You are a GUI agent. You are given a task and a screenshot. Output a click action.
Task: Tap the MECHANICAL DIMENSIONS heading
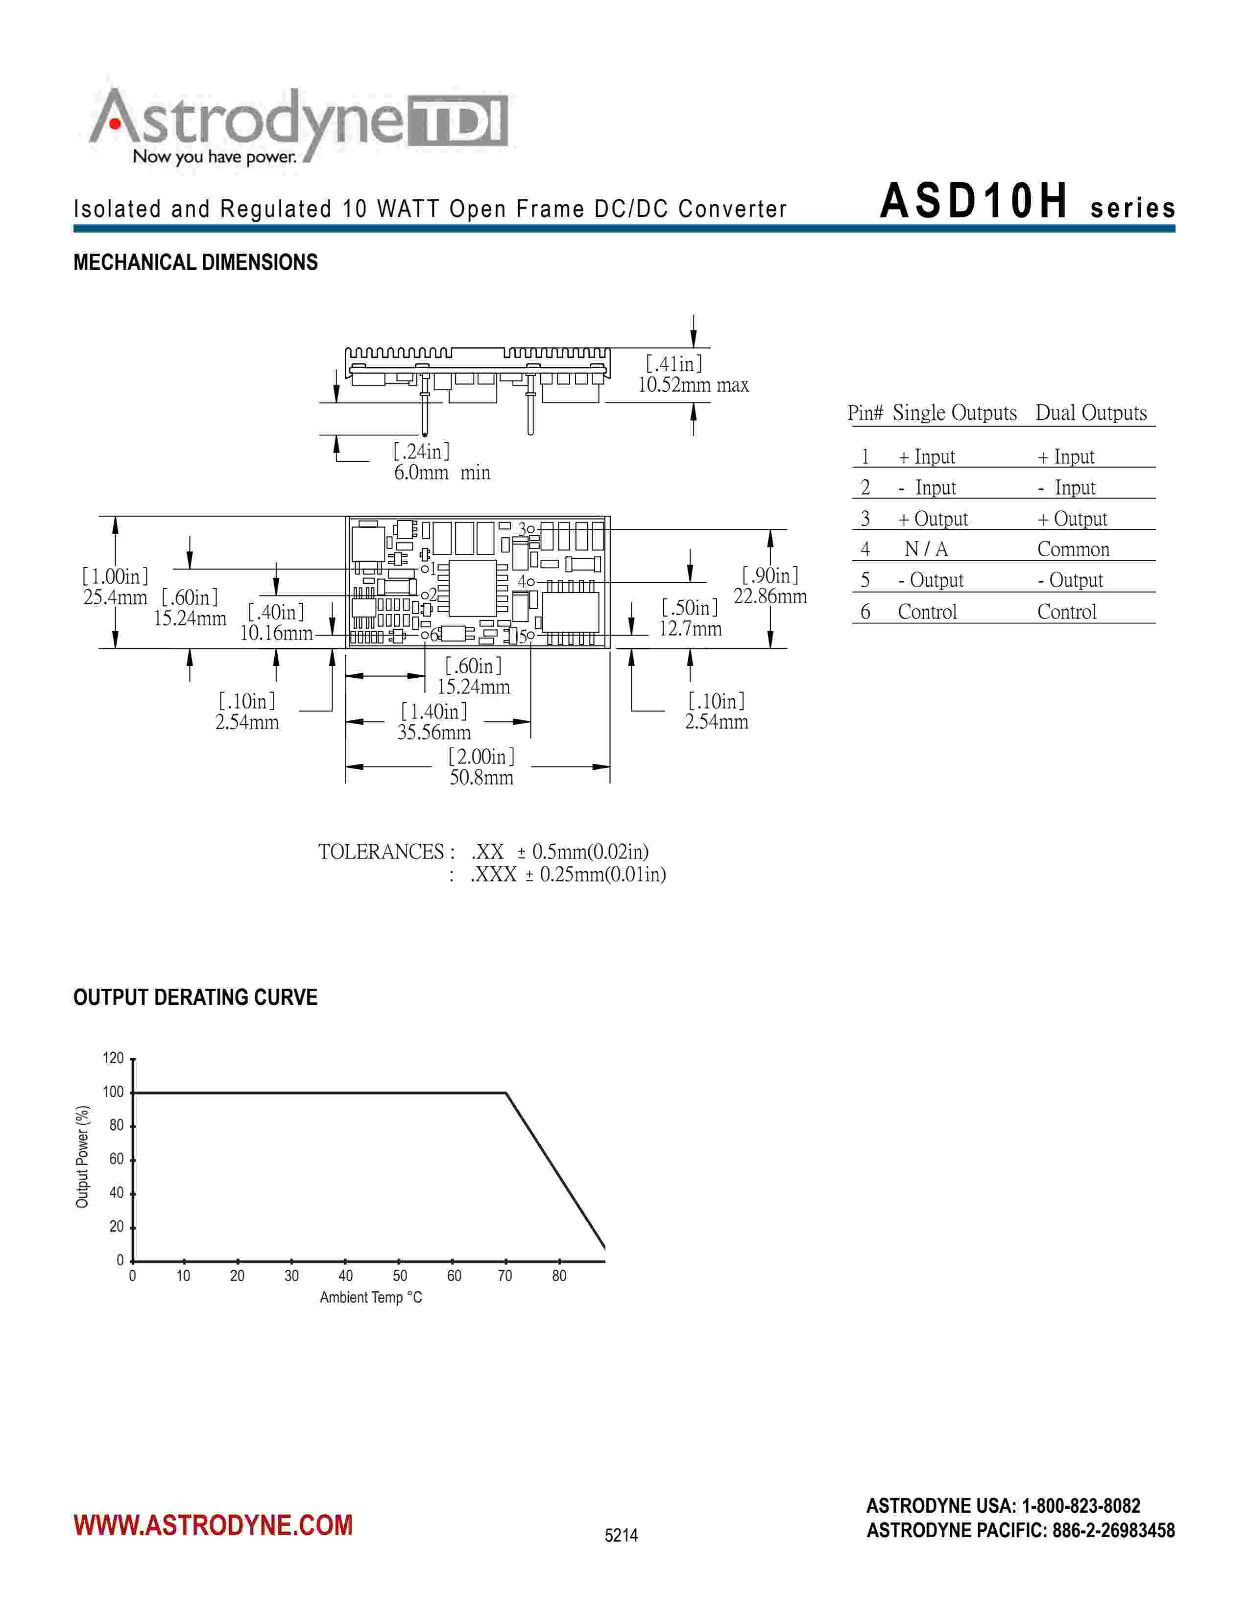pyautogui.click(x=195, y=262)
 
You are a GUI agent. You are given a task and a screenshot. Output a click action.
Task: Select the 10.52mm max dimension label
pyautogui.click(x=693, y=385)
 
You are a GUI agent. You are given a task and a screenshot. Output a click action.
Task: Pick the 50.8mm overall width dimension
pyautogui.click(x=481, y=778)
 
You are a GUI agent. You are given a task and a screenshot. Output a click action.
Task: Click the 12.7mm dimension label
pyautogui.click(x=690, y=629)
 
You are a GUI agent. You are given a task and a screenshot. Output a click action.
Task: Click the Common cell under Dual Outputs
pyautogui.click(x=1073, y=549)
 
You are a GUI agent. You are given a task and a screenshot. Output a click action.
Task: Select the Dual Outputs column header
pyautogui.click(x=1091, y=413)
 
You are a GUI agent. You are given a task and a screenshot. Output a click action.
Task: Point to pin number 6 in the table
pyautogui.click(x=865, y=612)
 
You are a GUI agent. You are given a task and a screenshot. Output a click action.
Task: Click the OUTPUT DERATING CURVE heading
pyautogui.click(x=195, y=998)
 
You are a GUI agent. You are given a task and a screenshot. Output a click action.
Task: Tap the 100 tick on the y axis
pyautogui.click(x=113, y=1092)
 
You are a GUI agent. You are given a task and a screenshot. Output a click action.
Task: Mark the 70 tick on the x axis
pyautogui.click(x=504, y=1276)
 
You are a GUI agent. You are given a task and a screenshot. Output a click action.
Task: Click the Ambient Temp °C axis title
pyautogui.click(x=371, y=1297)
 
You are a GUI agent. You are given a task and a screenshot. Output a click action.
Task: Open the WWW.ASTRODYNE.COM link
pyautogui.click(x=213, y=1525)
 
